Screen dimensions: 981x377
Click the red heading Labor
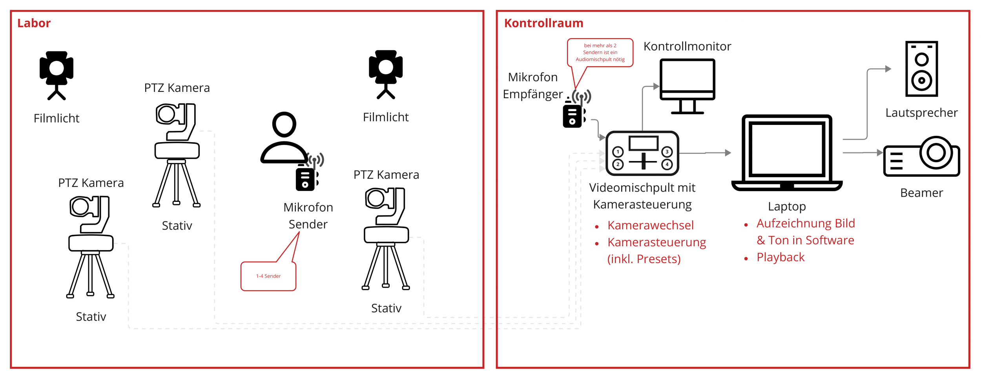[x=34, y=23]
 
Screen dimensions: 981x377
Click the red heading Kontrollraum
[x=543, y=23]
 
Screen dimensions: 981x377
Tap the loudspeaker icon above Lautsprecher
[x=921, y=69]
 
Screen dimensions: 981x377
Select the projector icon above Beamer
[x=921, y=156]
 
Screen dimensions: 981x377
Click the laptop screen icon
[x=787, y=153]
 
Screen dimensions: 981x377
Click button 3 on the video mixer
[x=667, y=152]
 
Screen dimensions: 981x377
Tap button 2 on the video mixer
[x=618, y=164]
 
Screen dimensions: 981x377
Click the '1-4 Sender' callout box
[x=268, y=276]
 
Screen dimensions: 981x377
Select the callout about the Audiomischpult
[x=600, y=53]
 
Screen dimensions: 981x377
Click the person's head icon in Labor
[x=284, y=124]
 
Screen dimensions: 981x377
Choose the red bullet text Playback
[x=780, y=257]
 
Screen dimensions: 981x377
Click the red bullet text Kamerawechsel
[x=651, y=225]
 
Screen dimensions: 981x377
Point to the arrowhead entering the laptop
[x=728, y=153]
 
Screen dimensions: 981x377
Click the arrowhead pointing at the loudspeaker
[x=888, y=69]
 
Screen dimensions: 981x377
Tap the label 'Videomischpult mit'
[x=642, y=188]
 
